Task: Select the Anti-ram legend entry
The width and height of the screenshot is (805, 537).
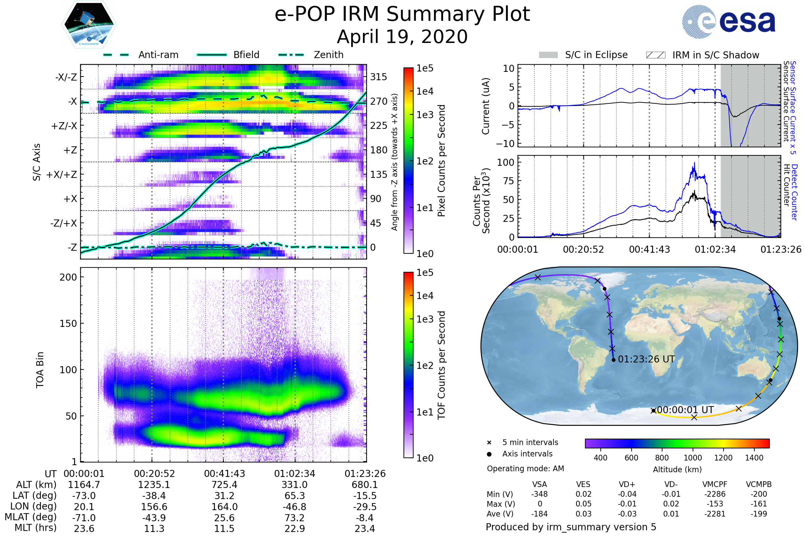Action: tap(158, 55)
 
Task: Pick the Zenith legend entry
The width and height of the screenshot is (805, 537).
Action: tap(329, 55)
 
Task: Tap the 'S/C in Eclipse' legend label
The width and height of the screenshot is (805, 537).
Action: tap(596, 55)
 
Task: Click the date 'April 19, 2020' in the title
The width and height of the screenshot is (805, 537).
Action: tap(402, 37)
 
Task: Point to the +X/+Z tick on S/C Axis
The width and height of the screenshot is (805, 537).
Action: tap(62, 175)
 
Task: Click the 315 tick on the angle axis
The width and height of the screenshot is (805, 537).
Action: tap(379, 77)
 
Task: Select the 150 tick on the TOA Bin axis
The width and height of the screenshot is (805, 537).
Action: tap(68, 324)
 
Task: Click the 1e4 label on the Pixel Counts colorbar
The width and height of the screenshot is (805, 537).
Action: tap(425, 91)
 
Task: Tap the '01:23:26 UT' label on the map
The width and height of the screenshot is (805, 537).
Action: tap(646, 359)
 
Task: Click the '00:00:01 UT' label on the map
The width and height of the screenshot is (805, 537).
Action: tap(685, 410)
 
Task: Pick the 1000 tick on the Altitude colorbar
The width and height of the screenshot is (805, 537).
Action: tap(693, 458)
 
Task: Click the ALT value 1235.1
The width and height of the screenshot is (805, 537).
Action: tap(154, 485)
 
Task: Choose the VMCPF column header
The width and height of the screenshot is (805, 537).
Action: tap(715, 485)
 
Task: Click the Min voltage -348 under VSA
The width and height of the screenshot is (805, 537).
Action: tap(539, 494)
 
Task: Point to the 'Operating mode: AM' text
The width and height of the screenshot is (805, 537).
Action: tap(525, 469)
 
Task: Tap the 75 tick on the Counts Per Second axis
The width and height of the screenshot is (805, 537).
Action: tap(508, 181)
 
